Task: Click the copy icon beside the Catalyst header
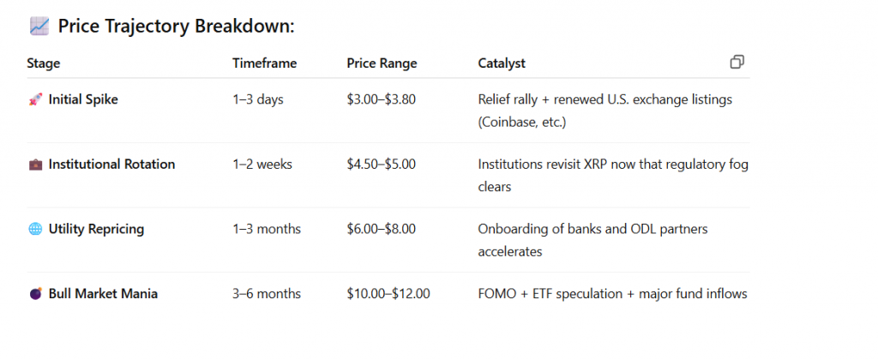737,62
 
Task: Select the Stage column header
44,63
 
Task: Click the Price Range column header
382,63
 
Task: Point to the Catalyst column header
502,63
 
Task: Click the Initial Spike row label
83,99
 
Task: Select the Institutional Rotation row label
111,164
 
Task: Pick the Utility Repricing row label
96,229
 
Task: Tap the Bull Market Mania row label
103,294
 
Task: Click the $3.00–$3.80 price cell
381,99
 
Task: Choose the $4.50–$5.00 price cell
381,164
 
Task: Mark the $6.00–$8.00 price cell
381,229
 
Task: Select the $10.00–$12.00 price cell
388,294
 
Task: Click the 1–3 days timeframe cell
257,99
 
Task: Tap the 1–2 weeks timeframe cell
262,164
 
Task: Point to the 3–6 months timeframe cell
267,294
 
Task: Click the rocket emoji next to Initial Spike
35,99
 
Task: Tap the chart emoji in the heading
39,27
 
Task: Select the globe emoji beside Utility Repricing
35,229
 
